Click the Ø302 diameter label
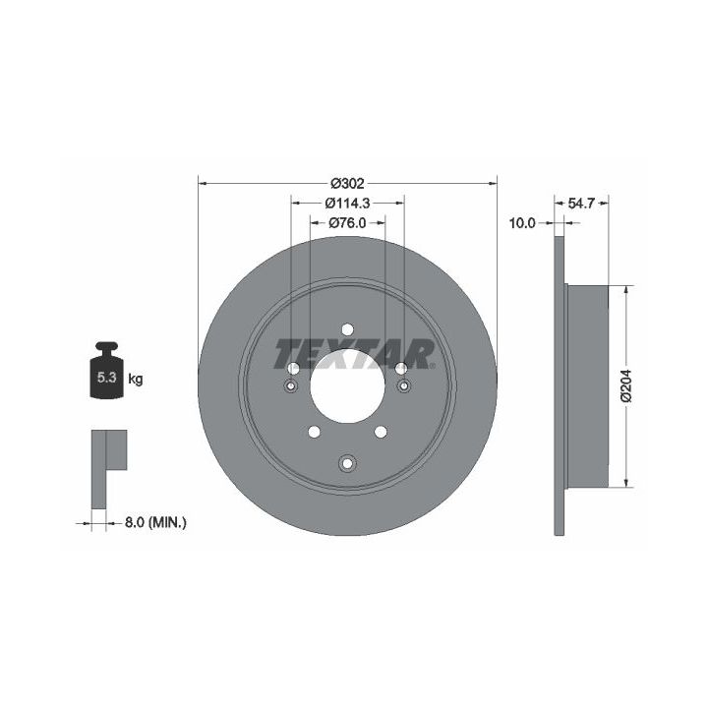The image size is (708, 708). (x=347, y=184)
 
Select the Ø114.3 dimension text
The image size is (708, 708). (x=347, y=204)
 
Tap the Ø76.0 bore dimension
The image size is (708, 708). (x=347, y=223)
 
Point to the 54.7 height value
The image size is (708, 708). (x=581, y=204)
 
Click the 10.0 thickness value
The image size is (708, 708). (x=522, y=223)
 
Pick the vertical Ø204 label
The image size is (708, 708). (x=626, y=386)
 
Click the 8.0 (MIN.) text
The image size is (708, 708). (x=155, y=523)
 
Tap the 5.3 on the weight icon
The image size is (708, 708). (x=107, y=378)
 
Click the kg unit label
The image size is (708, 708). (x=136, y=379)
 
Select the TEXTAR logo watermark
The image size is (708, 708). (x=354, y=354)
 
